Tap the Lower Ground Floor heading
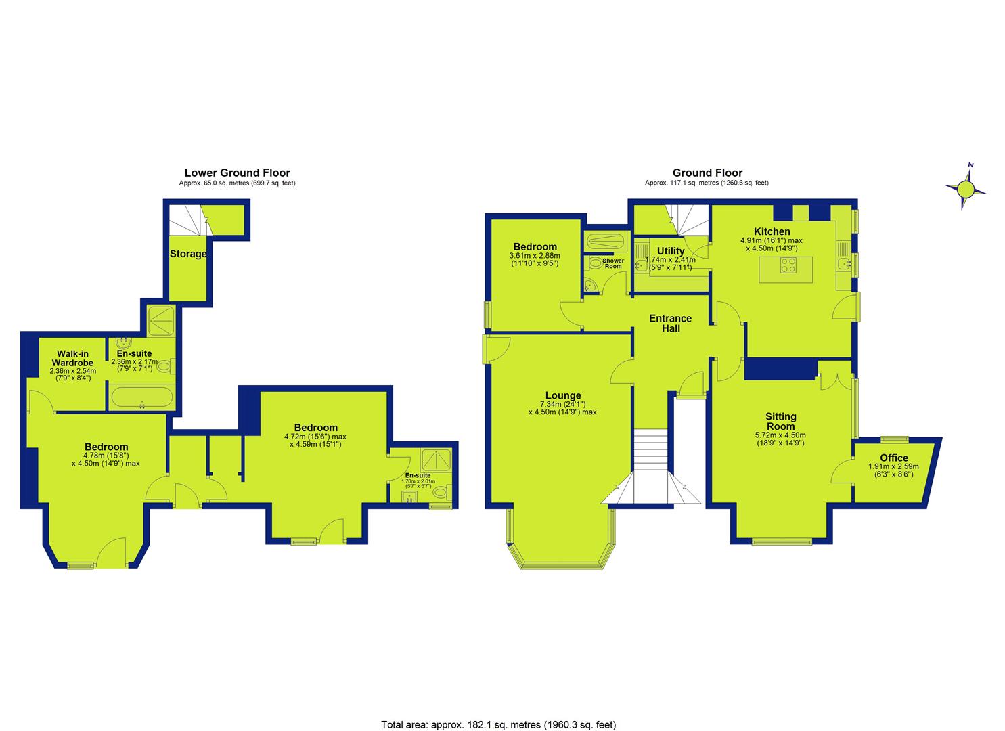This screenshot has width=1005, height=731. click(x=238, y=173)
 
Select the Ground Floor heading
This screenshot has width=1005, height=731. click(x=707, y=173)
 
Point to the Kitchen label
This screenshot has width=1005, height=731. click(x=772, y=231)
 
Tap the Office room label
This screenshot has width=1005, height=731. click(x=894, y=458)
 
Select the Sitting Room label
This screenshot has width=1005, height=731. click(x=781, y=422)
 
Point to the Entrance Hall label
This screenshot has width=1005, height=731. click(x=670, y=323)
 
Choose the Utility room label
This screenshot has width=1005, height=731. click(x=670, y=251)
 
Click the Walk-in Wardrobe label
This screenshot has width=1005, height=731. click(x=72, y=358)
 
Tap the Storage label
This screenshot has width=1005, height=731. click(x=188, y=254)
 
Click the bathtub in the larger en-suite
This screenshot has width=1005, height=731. click(x=141, y=397)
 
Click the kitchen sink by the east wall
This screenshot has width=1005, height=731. click(x=843, y=264)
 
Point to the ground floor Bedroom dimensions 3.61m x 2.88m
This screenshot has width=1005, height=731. click(x=535, y=259)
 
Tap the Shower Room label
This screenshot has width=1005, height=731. click(x=613, y=263)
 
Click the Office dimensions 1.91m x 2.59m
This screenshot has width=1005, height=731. click(x=894, y=470)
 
